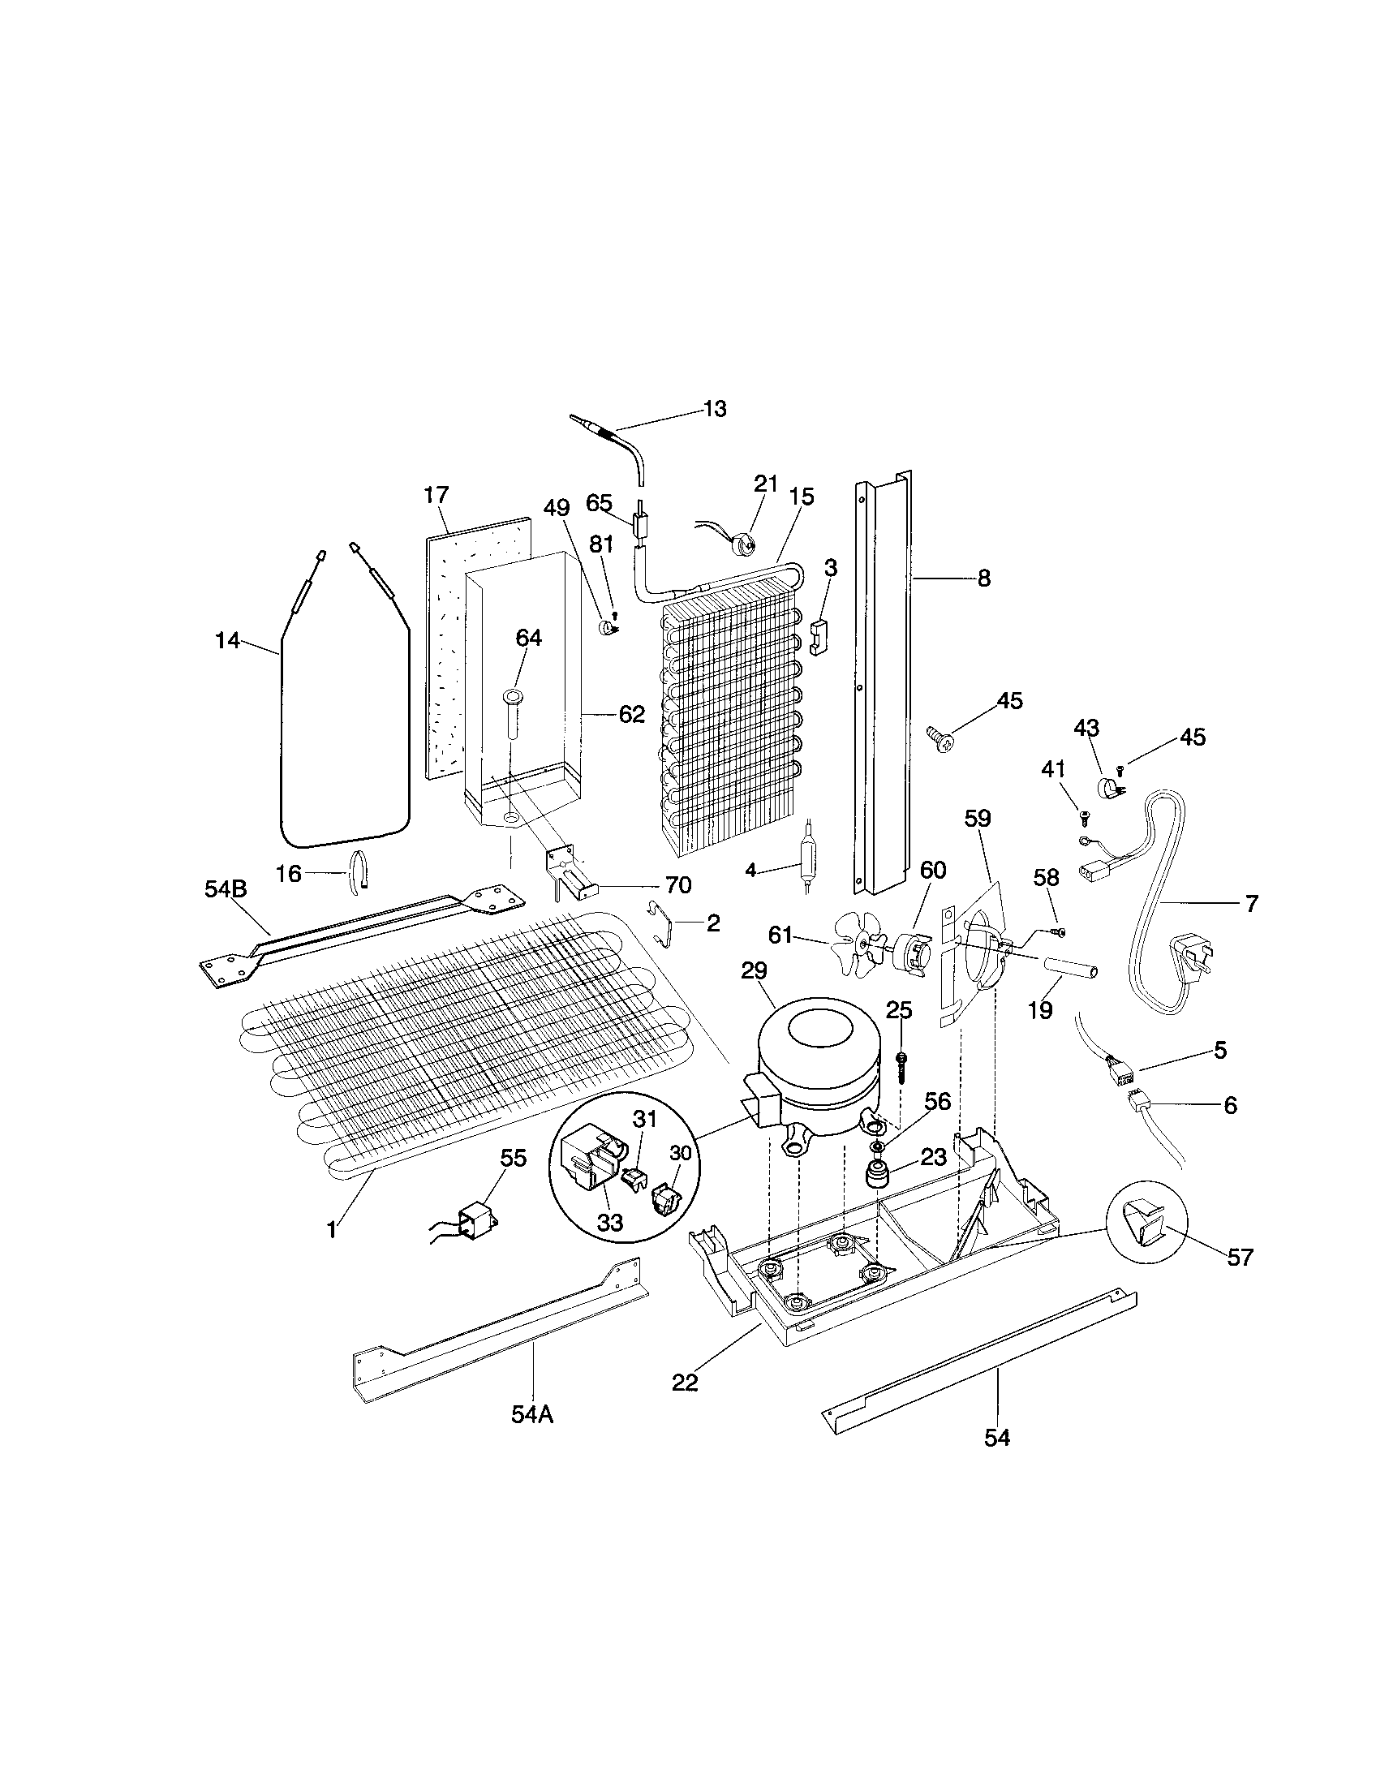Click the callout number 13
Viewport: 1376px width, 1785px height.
coord(715,409)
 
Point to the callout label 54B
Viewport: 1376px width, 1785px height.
coord(226,889)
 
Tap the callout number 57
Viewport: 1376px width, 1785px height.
coord(1240,1257)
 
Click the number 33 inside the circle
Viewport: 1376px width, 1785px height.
coord(610,1245)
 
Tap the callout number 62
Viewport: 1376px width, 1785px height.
coord(632,714)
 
